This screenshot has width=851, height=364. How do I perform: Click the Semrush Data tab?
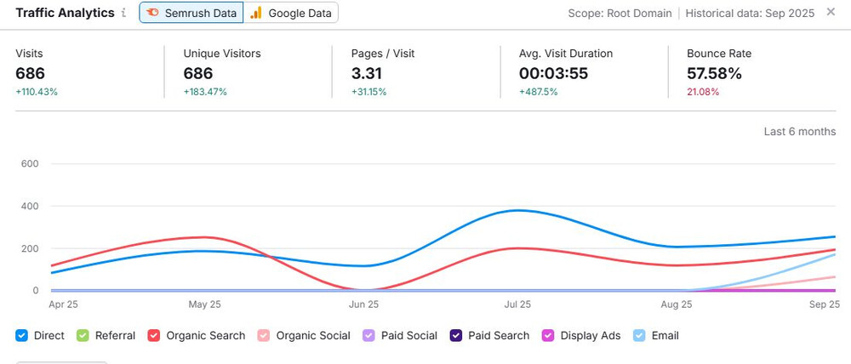[x=191, y=13]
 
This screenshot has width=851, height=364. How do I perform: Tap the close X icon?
[x=831, y=12]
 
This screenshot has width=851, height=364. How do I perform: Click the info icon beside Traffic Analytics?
[x=123, y=13]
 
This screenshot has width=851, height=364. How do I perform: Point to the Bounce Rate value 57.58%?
[x=714, y=73]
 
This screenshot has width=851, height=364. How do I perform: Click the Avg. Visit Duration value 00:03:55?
[x=553, y=73]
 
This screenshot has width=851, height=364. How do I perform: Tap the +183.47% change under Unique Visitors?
[x=205, y=92]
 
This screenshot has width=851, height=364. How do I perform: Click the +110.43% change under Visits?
[x=37, y=92]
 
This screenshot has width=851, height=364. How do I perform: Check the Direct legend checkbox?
[x=22, y=335]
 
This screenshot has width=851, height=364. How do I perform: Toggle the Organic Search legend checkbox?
[x=154, y=335]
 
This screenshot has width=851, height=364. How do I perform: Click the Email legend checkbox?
[x=640, y=335]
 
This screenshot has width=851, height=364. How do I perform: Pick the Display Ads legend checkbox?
[x=549, y=335]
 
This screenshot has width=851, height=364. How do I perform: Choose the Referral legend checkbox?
[x=83, y=335]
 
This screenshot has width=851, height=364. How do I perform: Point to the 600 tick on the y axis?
[x=28, y=163]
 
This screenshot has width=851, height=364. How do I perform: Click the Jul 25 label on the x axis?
[x=517, y=304]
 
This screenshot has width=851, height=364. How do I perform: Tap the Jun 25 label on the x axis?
[x=363, y=304]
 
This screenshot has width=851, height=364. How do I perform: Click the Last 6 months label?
[x=800, y=131]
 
